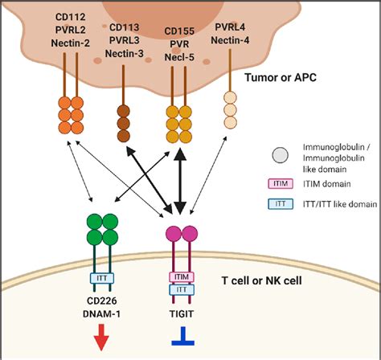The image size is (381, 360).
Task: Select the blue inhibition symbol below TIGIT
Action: click(180, 336)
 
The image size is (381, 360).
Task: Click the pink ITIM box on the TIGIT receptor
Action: click(181, 275)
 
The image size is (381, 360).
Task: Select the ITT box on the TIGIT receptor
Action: click(181, 288)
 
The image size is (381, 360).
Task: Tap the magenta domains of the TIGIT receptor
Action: click(181, 235)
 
